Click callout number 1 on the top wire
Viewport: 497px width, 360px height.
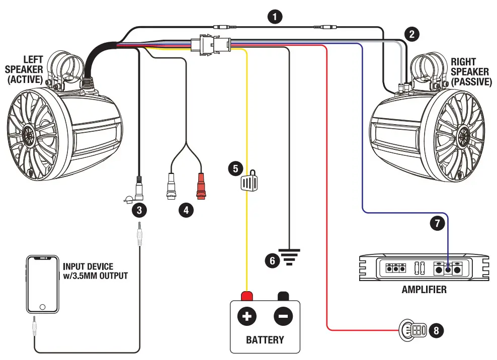(x=274, y=17)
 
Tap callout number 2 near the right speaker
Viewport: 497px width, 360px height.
(x=412, y=34)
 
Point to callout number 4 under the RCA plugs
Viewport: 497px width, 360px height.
(x=186, y=210)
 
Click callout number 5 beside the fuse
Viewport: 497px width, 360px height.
(x=234, y=168)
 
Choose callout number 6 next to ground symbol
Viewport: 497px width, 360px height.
(x=272, y=260)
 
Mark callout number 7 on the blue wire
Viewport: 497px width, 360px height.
(x=439, y=223)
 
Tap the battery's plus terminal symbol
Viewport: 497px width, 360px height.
(x=247, y=316)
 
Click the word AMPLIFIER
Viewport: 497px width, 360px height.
(x=424, y=290)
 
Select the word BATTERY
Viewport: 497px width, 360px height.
(x=265, y=340)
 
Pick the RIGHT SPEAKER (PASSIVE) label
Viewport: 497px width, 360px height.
(x=471, y=72)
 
